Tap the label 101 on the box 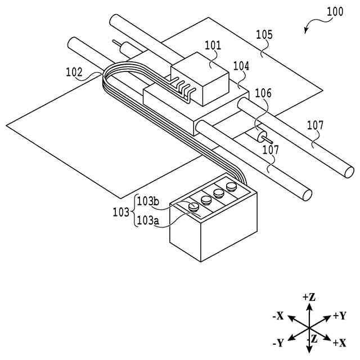pyautogui.click(x=213, y=46)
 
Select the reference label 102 pyautogui.click(x=74, y=73)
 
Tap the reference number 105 pyautogui.click(x=264, y=35)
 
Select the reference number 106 pyautogui.click(x=263, y=93)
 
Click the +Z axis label pyautogui.click(x=308, y=296)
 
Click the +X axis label pyautogui.click(x=339, y=343)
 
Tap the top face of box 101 pyautogui.click(x=200, y=63)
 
